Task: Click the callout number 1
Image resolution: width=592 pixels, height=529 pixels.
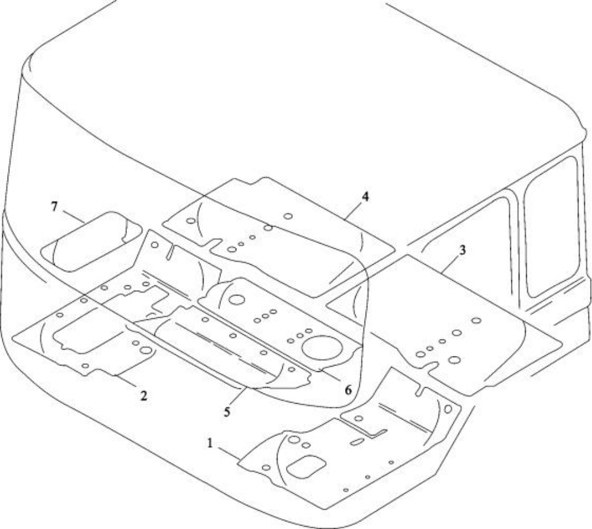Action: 210,443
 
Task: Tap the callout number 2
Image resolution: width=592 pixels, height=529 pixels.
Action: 143,395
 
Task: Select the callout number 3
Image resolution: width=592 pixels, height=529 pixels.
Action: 463,249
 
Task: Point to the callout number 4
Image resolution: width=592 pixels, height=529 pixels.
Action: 365,197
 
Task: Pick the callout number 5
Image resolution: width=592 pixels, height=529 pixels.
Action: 226,411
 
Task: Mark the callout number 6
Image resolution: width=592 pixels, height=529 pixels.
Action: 348,390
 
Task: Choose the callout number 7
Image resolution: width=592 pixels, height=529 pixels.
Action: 54,207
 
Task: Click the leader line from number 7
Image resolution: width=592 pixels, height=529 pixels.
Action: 73,217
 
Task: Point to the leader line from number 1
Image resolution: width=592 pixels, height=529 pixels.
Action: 229,454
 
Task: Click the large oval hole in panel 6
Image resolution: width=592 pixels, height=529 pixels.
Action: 322,347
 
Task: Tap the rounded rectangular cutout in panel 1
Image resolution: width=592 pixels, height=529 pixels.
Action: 306,467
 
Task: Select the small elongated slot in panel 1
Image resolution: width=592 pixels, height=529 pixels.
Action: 357,441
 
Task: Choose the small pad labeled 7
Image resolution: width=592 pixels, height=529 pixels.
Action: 91,241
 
